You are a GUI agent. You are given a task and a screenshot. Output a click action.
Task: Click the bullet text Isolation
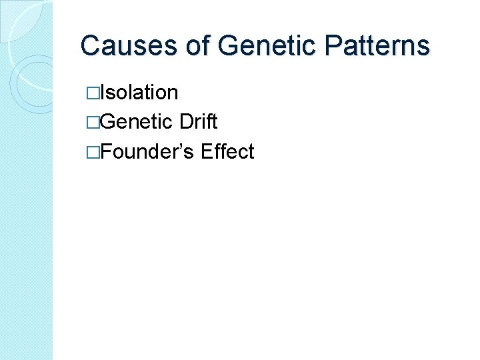click(x=141, y=92)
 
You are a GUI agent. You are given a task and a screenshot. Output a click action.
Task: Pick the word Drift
click(x=199, y=122)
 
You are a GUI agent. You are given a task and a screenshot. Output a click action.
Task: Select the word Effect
click(x=227, y=151)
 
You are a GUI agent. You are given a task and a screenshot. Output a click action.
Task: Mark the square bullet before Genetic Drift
click(x=95, y=123)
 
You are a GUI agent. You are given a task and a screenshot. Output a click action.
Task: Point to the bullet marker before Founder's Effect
click(x=95, y=152)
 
